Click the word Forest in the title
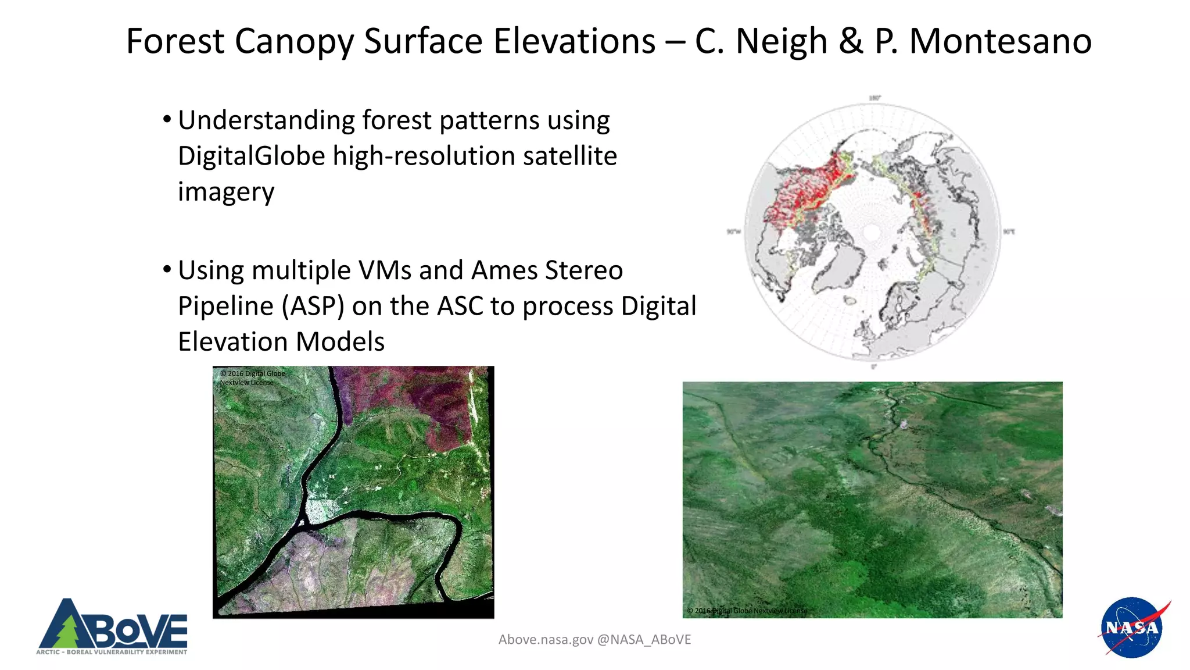click(x=175, y=41)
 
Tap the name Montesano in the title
click(x=1000, y=41)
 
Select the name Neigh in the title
click(x=782, y=41)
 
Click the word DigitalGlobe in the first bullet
click(x=251, y=156)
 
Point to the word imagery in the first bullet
click(x=226, y=192)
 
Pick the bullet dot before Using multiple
click(x=167, y=269)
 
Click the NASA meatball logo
click(x=1131, y=628)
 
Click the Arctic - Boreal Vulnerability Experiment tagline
click(x=112, y=652)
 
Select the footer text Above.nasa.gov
click(x=546, y=640)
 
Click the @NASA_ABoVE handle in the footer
click(x=644, y=640)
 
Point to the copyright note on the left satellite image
click(x=252, y=378)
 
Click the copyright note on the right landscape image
click(x=747, y=611)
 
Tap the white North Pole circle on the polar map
click(x=872, y=233)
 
